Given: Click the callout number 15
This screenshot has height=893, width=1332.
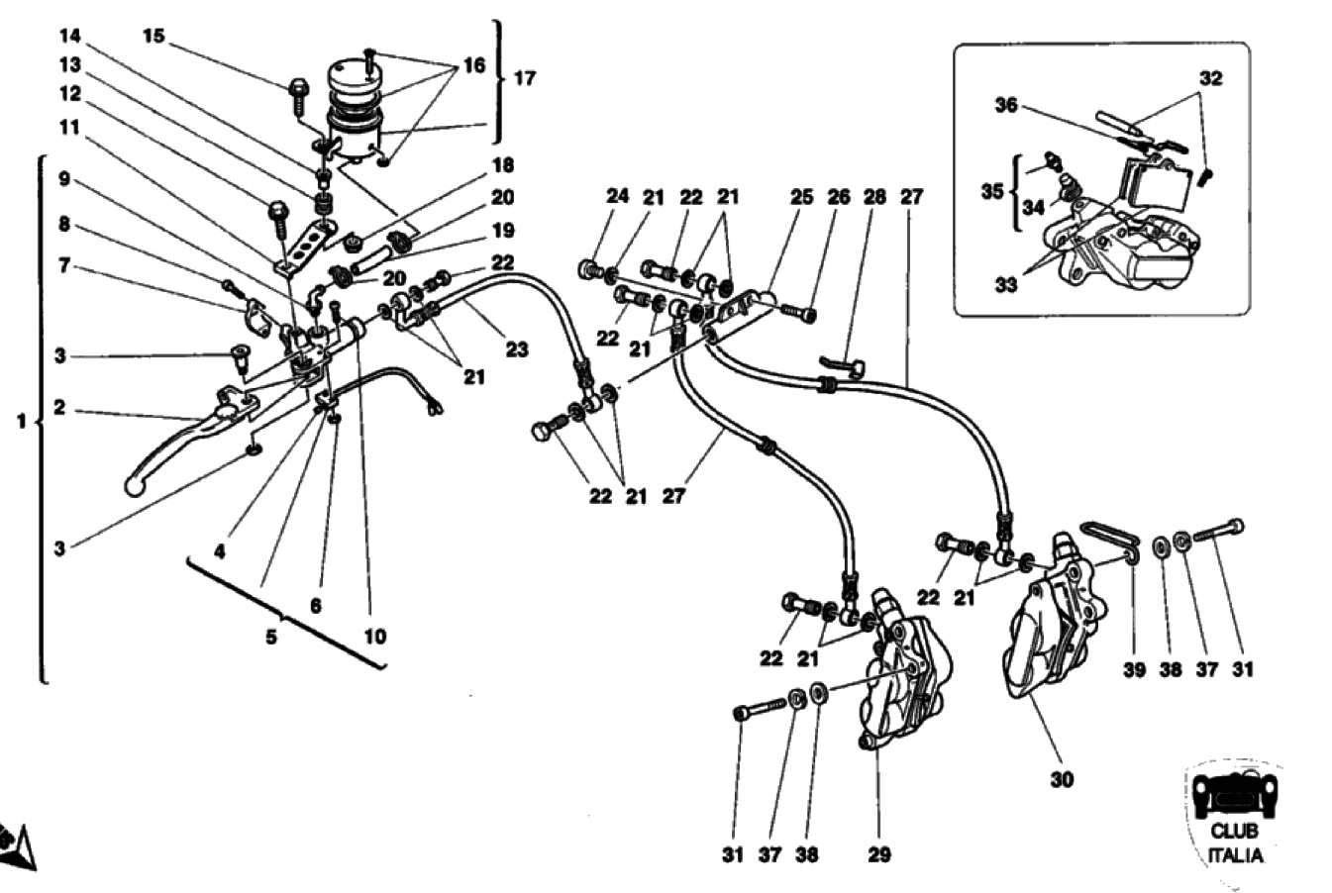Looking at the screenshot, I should tap(153, 37).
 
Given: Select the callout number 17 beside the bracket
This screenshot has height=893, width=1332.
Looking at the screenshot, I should tap(524, 77).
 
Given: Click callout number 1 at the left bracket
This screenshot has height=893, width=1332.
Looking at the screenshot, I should tap(22, 422).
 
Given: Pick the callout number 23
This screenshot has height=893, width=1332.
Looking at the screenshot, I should tap(516, 348).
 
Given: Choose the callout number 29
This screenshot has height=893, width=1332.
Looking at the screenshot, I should tap(879, 854).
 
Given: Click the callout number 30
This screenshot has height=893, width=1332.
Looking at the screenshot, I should tap(1061, 779).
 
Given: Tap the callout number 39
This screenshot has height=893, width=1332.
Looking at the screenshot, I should tap(1134, 669).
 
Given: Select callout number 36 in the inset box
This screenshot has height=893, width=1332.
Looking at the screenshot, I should tap(1006, 105).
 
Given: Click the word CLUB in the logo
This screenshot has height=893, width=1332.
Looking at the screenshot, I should tap(1234, 832).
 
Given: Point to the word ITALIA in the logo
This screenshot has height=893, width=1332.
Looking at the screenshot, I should tap(1234, 855).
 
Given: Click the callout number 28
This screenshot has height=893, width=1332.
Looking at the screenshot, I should tap(874, 197).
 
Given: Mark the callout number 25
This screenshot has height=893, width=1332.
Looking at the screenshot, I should tap(801, 197).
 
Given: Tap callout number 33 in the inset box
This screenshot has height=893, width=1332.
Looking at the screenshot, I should tap(1006, 285).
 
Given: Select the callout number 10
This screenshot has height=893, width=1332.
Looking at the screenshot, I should tap(374, 637).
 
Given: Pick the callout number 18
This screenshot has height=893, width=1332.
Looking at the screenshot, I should tap(502, 164).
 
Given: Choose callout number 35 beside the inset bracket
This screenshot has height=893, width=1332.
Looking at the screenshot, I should tap(992, 191).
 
